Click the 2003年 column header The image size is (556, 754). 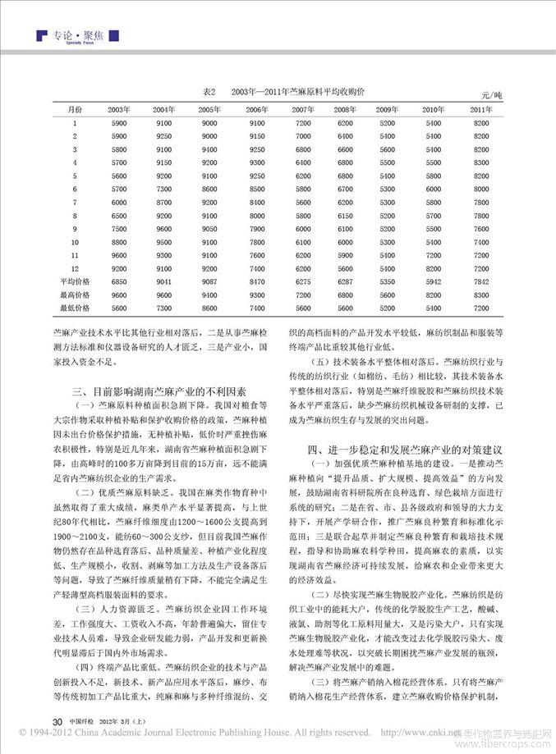point(119,109)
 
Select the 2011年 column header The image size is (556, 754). point(481,109)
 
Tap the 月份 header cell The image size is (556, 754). point(74,109)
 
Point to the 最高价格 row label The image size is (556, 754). point(74,295)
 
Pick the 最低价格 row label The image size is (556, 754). point(74,308)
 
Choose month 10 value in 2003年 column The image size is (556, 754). point(119,242)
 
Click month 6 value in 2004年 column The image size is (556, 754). point(164,189)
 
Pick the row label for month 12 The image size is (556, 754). point(74,268)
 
